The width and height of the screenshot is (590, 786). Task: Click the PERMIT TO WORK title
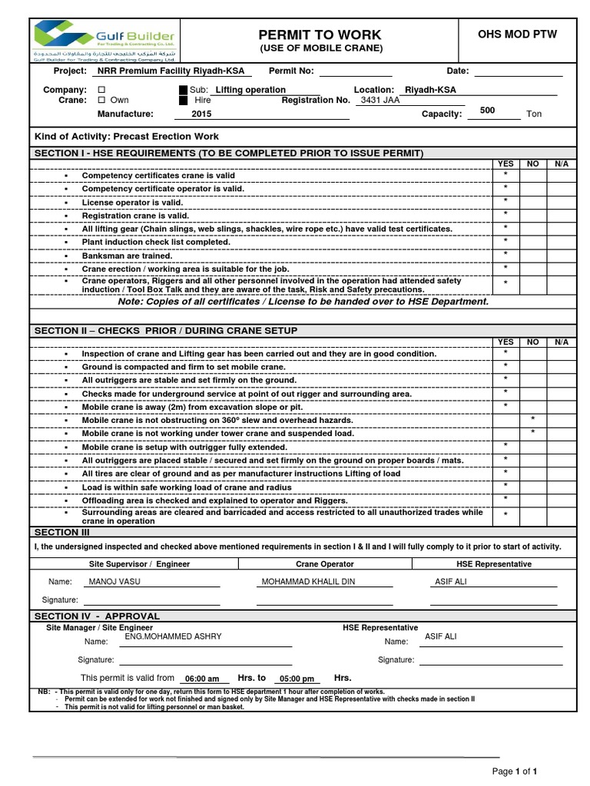pos(320,35)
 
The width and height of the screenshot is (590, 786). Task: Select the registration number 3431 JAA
pos(380,100)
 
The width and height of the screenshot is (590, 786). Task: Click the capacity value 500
pos(487,111)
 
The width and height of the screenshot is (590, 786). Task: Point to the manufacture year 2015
pos(201,114)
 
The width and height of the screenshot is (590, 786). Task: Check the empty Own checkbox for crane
pos(101,101)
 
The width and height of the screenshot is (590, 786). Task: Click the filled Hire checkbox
pos(182,101)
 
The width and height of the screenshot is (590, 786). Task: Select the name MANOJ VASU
pos(115,582)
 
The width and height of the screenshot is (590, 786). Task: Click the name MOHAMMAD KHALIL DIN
pos(308,582)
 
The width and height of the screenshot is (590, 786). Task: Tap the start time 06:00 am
pos(203,679)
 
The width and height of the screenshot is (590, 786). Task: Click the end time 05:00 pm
pos(297,679)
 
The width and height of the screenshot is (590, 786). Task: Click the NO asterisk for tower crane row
pos(532,433)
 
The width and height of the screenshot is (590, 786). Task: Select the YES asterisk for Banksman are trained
pos(505,254)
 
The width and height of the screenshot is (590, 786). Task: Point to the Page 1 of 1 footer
pos(514,771)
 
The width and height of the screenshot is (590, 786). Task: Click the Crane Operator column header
pos(325,563)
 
